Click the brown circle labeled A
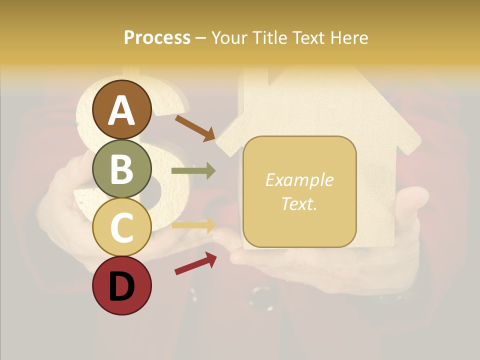click(x=122, y=109)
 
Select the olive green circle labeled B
click(x=122, y=168)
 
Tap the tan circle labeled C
click(x=122, y=227)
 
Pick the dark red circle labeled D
click(x=122, y=285)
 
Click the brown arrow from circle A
click(x=195, y=128)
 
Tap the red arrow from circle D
click(x=195, y=263)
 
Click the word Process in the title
click(x=157, y=37)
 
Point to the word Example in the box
click(x=299, y=180)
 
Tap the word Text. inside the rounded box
click(x=299, y=203)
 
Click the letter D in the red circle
click(x=122, y=286)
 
